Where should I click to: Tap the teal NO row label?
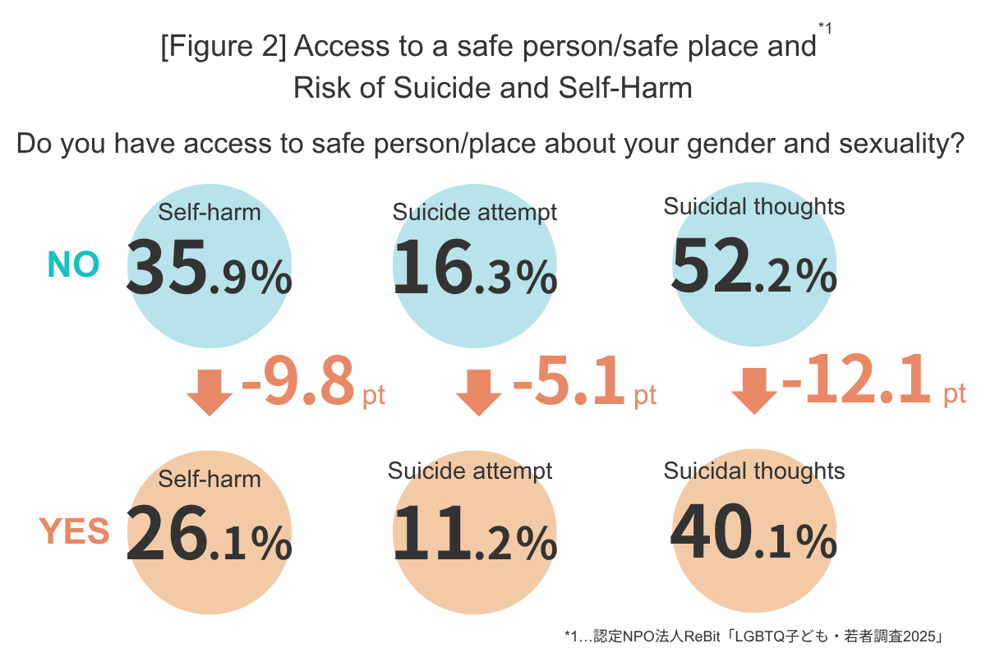click(x=73, y=264)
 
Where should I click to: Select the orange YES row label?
click(x=74, y=531)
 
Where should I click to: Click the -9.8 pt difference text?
click(x=312, y=383)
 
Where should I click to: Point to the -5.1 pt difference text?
click(x=583, y=383)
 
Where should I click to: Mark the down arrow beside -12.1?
click(x=753, y=390)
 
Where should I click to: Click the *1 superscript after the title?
click(x=825, y=29)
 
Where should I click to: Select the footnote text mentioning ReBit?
click(x=753, y=636)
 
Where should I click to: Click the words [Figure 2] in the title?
click(x=222, y=48)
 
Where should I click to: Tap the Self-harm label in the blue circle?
click(x=209, y=213)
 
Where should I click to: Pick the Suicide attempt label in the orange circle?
click(x=470, y=471)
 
